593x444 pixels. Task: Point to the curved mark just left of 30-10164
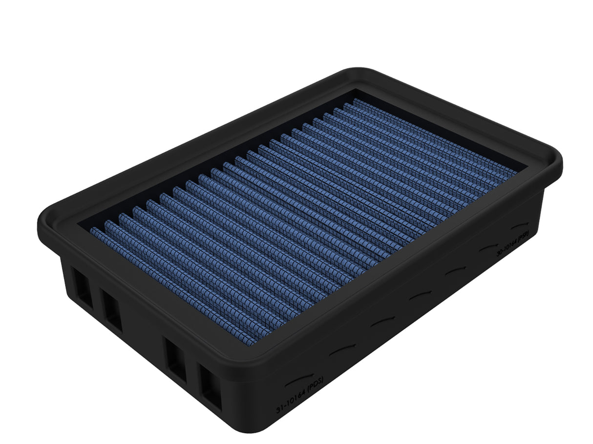pyautogui.click(x=488, y=248)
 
